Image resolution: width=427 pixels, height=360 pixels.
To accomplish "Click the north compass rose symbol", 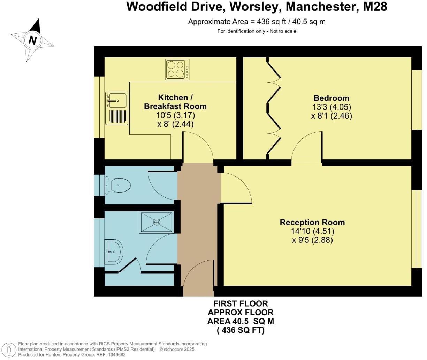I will pyautogui.click(x=33, y=40).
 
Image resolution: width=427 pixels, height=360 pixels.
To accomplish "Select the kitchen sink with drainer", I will pyautogui.click(x=117, y=108).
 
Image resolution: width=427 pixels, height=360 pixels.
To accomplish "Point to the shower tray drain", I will pyautogui.click(x=157, y=222).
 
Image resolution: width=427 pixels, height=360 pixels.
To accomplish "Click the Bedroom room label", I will pyautogui.click(x=331, y=98).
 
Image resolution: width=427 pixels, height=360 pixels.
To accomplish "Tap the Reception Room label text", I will pyautogui.click(x=312, y=222).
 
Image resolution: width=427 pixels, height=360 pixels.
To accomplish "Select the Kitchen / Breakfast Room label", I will pyautogui.click(x=175, y=102).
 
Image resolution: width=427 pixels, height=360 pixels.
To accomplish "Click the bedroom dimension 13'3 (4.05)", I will pyautogui.click(x=331, y=107).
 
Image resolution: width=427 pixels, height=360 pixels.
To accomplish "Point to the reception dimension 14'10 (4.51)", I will pyautogui.click(x=312, y=231).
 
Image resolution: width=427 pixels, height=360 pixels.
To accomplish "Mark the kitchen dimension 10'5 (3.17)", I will pyautogui.click(x=175, y=115).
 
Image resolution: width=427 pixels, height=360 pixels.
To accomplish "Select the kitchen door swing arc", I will pyautogui.click(x=198, y=147).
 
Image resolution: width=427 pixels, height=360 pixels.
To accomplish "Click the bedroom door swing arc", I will pyautogui.click(x=307, y=147).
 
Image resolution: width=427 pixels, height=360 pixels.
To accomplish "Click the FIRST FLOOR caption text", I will pyautogui.click(x=241, y=304).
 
